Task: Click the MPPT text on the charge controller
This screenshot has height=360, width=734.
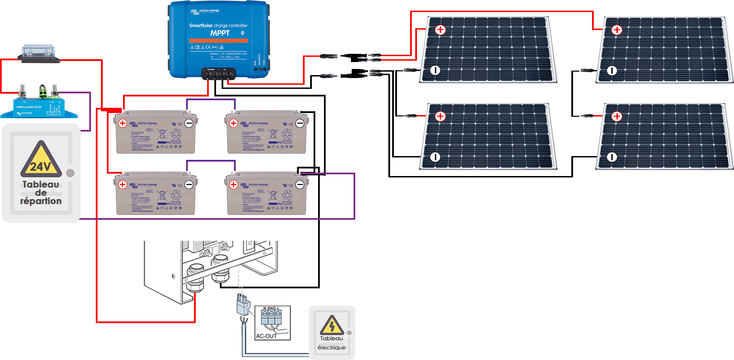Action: [220, 33]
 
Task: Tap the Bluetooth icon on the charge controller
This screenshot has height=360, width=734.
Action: [243, 33]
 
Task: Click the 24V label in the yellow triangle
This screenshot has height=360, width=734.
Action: [41, 167]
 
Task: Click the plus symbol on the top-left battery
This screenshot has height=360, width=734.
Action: [123, 123]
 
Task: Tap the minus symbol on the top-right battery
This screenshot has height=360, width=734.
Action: [300, 123]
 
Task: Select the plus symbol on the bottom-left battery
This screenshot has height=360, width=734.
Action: [123, 185]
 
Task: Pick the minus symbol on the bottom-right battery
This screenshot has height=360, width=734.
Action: [300, 185]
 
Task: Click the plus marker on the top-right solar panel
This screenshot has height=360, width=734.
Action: [616, 30]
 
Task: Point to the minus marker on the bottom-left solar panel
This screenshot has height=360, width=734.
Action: [435, 157]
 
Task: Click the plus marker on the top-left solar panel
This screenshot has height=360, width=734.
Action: [440, 30]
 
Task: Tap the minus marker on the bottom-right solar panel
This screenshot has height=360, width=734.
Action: [612, 157]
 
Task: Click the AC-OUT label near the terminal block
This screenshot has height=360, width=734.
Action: [266, 336]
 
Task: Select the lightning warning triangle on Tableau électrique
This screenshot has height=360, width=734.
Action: [332, 325]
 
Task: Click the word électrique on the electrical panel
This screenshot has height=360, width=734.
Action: [332, 347]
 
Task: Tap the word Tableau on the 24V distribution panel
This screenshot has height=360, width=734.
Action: [41, 184]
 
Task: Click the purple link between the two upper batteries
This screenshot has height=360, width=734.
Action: [211, 100]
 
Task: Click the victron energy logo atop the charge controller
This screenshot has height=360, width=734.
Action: [205, 11]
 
